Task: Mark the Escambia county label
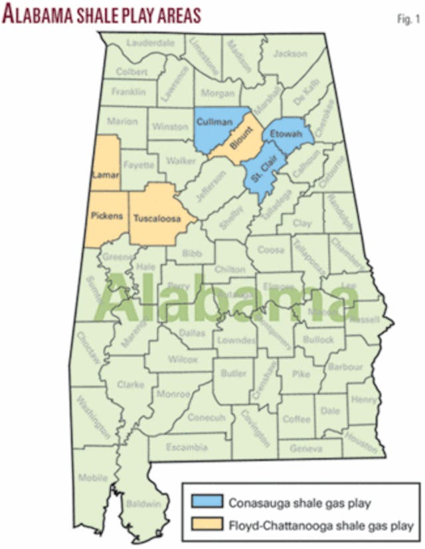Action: click(189, 445)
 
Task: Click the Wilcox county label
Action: click(182, 360)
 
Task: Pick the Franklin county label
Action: click(127, 92)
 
